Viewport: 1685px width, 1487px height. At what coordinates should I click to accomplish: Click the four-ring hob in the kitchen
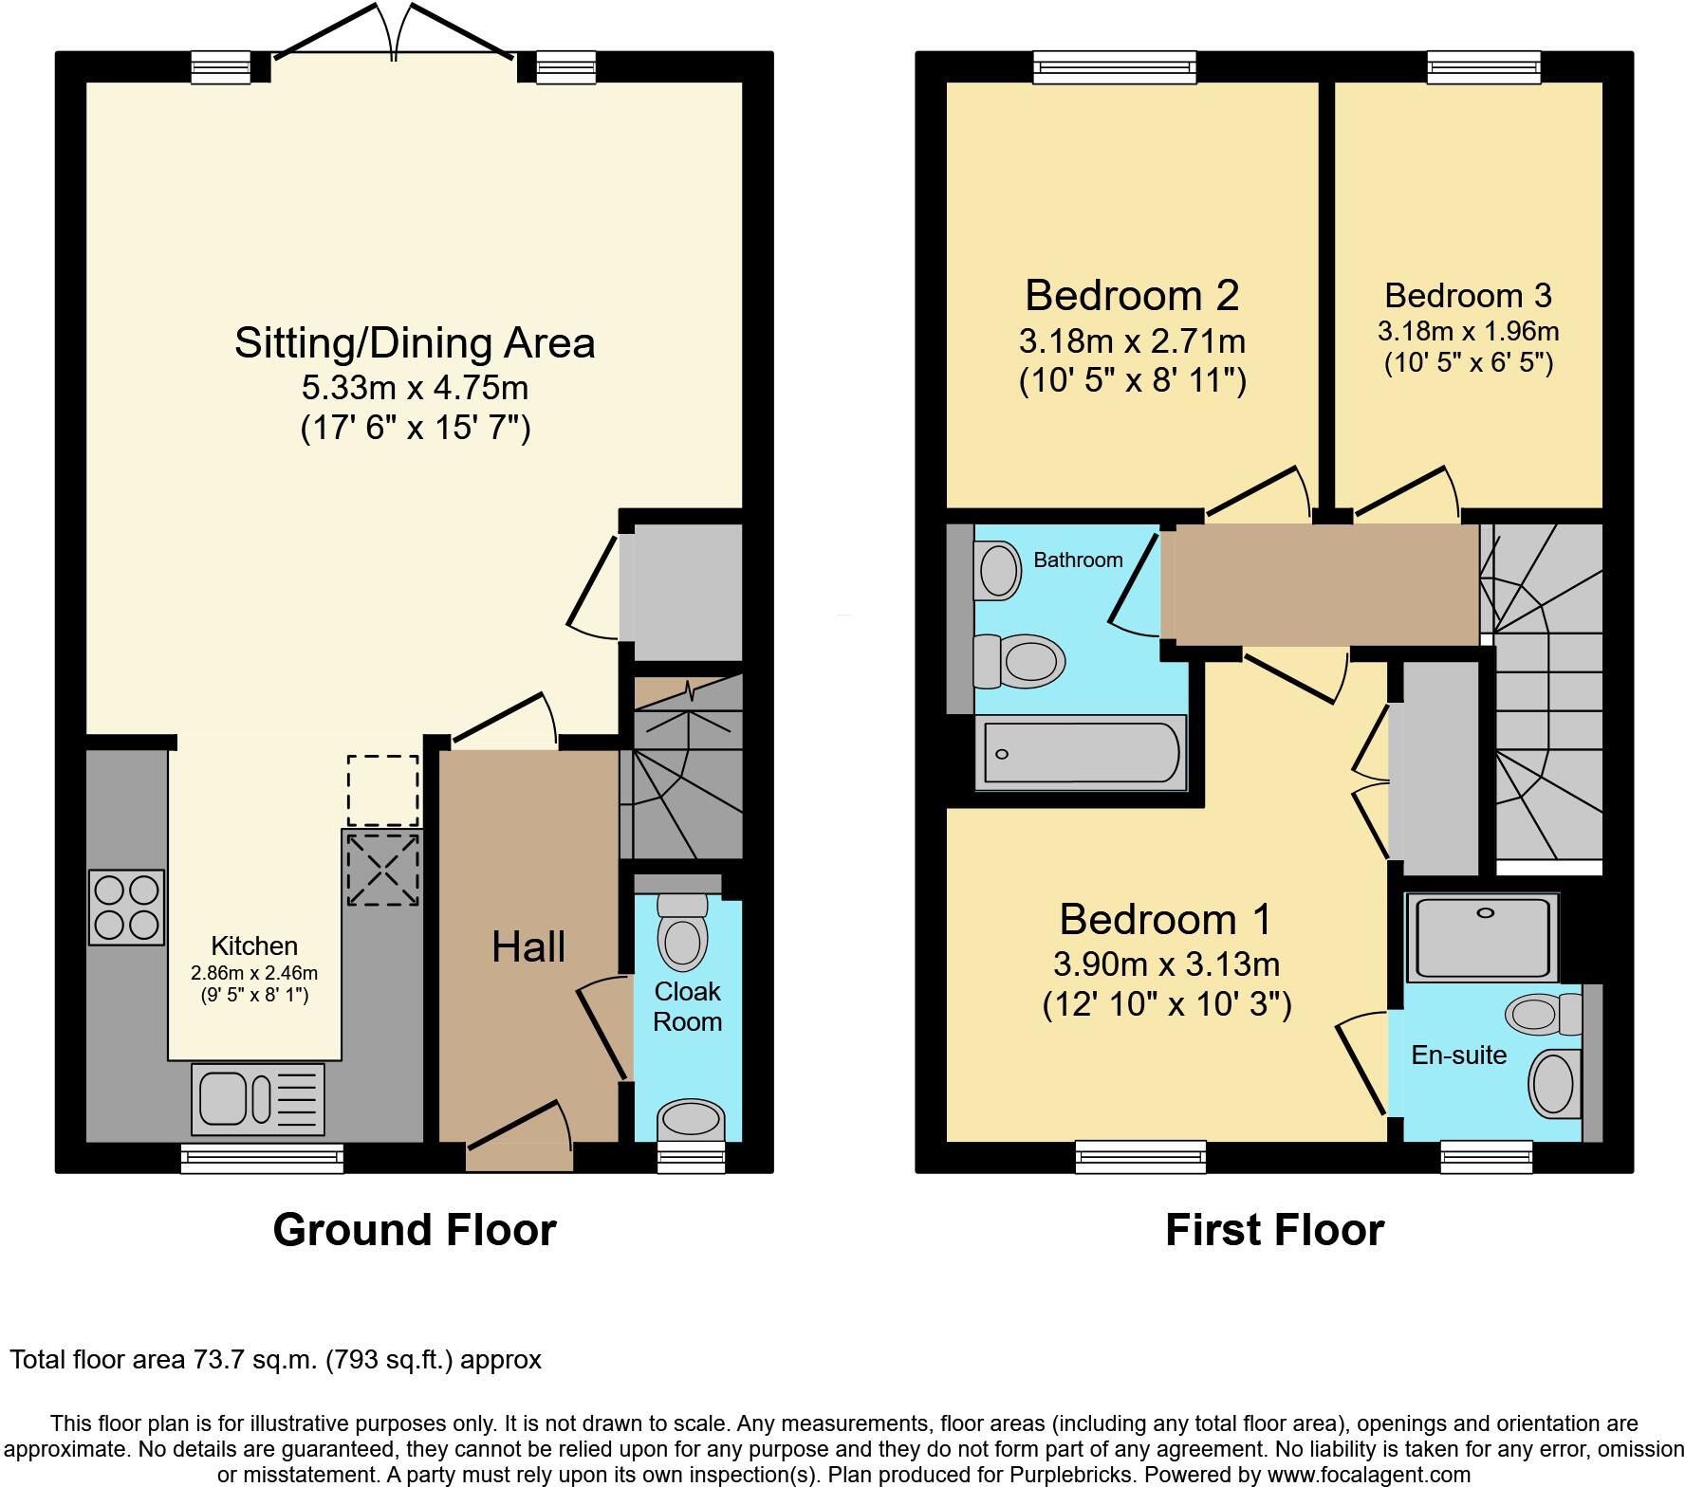pos(126,907)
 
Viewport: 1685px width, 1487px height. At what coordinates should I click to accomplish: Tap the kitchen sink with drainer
pos(257,1099)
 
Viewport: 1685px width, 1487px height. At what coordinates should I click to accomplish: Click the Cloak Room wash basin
pos(690,1119)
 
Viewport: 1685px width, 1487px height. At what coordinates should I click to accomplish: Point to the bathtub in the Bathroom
pos(1081,753)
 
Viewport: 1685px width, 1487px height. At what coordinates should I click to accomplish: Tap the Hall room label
pos(528,947)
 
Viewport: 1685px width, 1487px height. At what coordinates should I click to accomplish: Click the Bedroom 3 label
pos(1468,296)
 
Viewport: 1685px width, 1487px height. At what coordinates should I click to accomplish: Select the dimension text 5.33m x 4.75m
pos(416,388)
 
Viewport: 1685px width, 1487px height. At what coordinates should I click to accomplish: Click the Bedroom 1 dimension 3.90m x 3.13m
pos(1166,964)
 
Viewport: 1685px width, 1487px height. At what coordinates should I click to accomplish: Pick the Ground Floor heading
pos(415,1230)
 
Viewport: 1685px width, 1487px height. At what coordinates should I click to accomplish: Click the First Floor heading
pos(1274,1230)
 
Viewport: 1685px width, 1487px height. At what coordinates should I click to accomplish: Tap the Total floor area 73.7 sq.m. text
pos(275,1360)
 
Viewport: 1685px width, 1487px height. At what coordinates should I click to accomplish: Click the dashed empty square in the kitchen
pos(382,790)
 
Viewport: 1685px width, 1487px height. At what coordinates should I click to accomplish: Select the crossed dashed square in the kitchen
pos(382,869)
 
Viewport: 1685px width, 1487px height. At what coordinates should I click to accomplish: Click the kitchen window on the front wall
pos(262,1158)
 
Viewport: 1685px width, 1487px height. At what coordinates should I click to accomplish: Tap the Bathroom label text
pos(1078,560)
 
